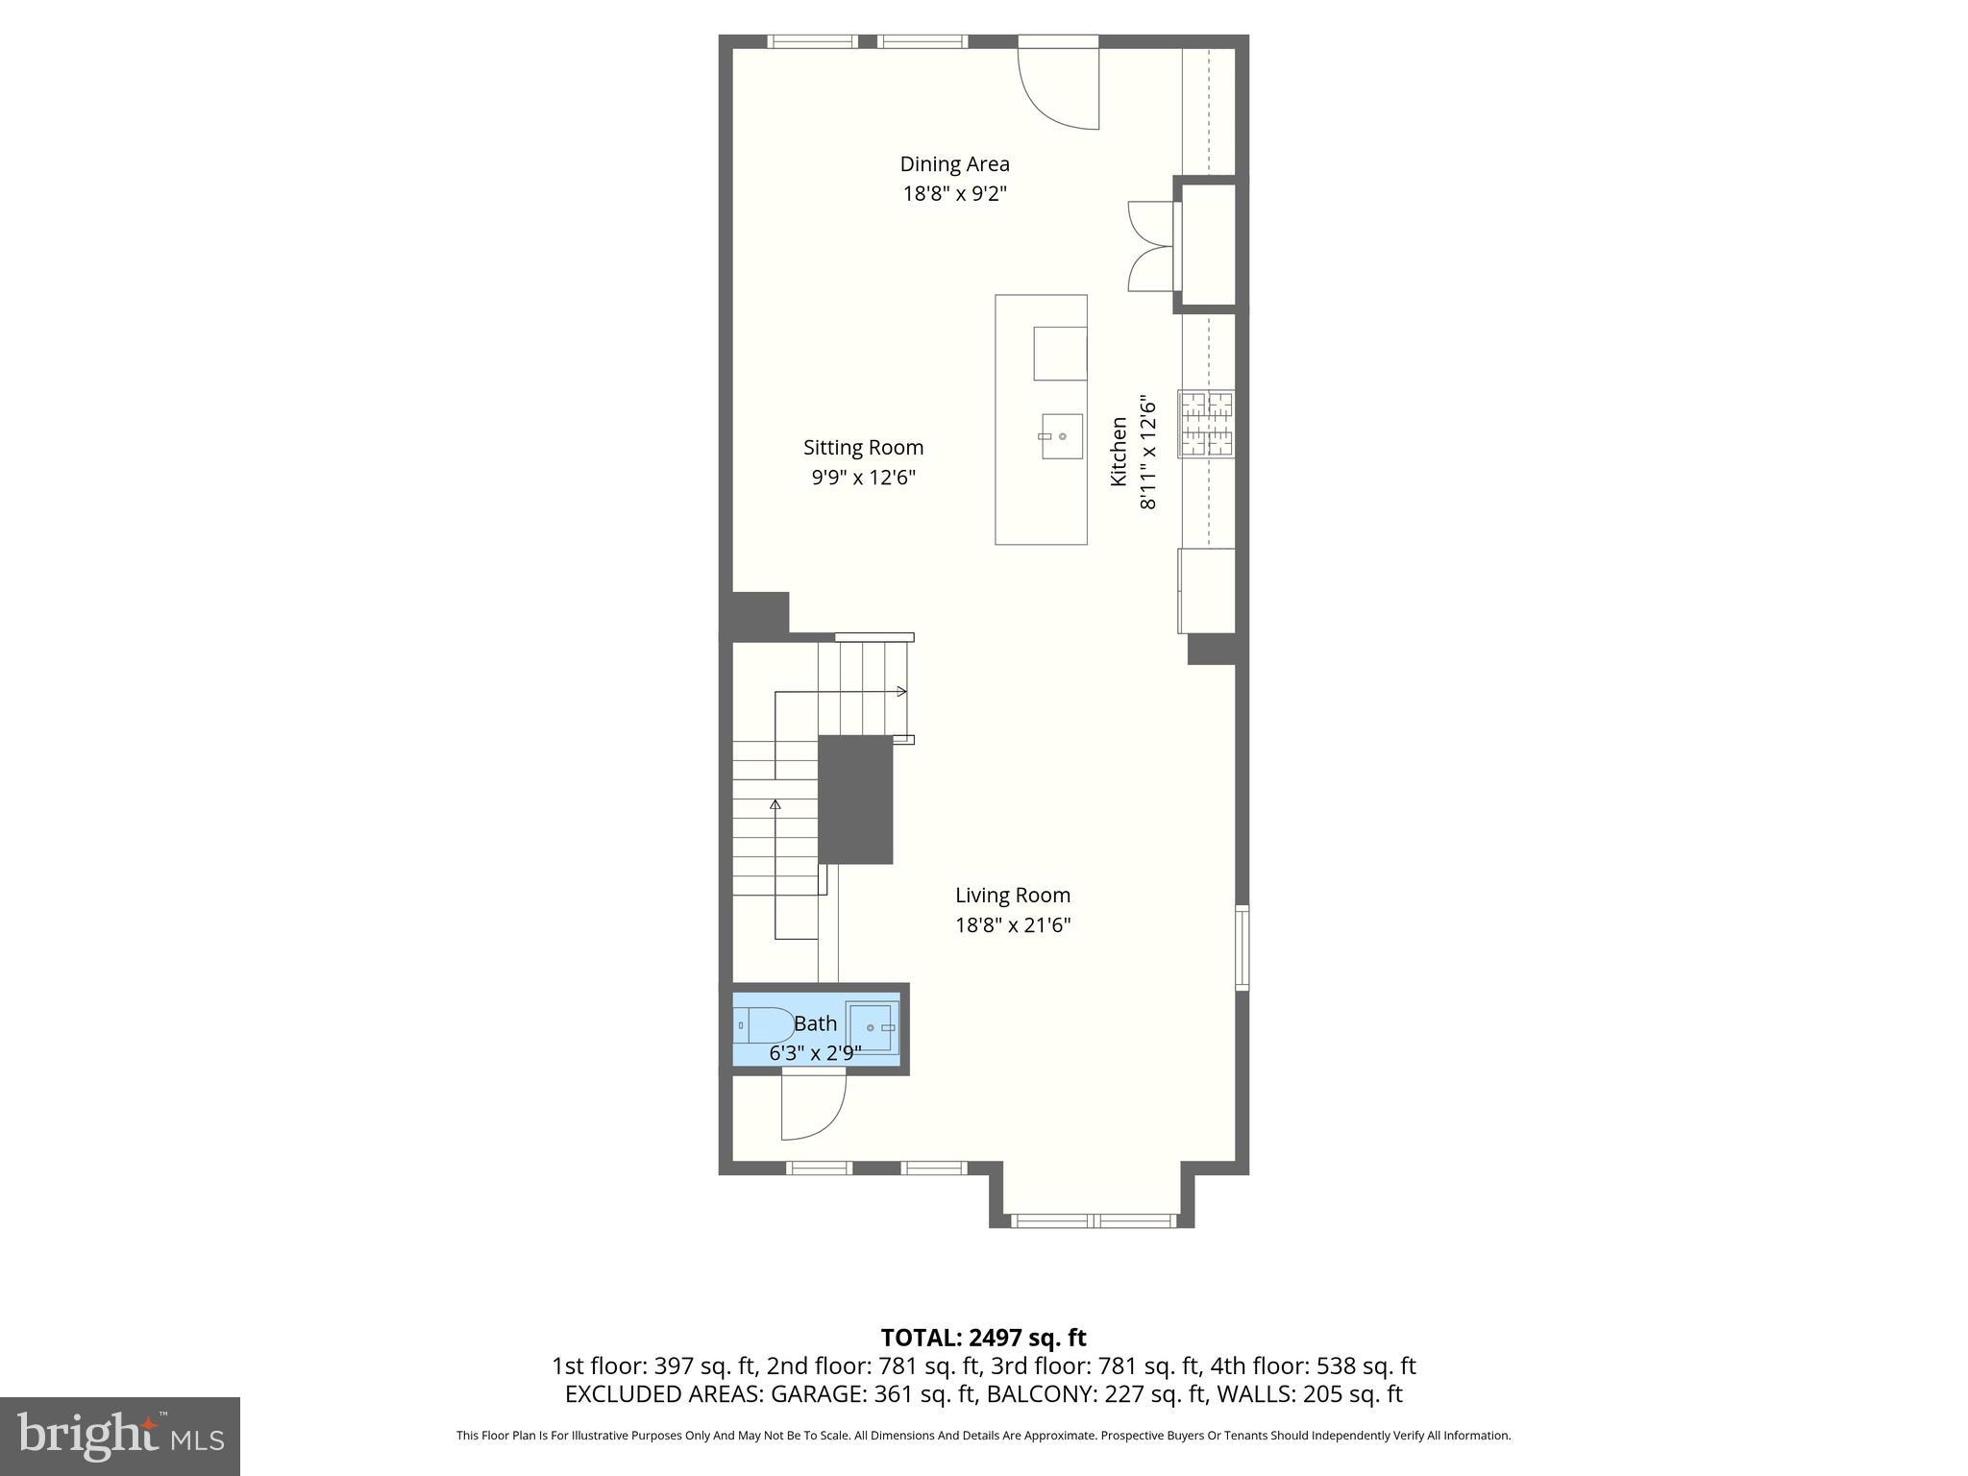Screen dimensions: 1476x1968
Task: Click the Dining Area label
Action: click(954, 164)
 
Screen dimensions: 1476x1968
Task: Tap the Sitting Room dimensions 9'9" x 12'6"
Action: click(863, 478)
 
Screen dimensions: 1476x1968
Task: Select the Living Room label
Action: click(1012, 896)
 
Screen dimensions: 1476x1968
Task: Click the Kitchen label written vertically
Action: click(1119, 452)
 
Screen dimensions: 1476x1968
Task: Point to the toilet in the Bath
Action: click(763, 1025)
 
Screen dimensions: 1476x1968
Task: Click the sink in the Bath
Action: click(873, 1027)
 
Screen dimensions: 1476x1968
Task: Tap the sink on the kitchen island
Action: click(1062, 436)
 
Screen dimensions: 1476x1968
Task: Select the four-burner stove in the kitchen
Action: click(1207, 424)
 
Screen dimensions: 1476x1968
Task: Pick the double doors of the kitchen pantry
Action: click(1150, 246)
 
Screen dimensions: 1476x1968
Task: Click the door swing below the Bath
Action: click(812, 1107)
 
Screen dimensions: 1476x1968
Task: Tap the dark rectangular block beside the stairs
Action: click(855, 799)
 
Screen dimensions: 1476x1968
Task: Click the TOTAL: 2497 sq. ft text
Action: click(983, 1338)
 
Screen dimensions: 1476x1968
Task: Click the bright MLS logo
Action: click(120, 1436)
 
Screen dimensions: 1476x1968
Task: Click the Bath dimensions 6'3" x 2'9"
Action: click(815, 1053)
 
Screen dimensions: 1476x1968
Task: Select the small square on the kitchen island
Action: click(1060, 353)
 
